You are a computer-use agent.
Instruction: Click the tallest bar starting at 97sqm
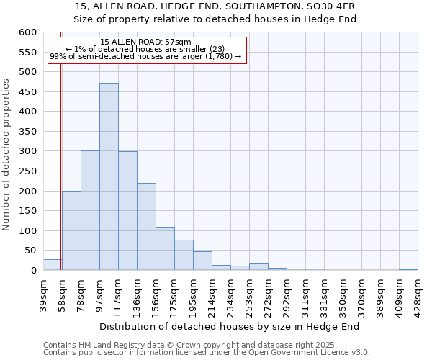tap(109, 176)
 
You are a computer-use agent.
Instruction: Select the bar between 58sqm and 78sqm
tap(71, 230)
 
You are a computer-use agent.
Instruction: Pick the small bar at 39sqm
tap(52, 265)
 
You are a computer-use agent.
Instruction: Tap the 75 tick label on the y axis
tap(29, 251)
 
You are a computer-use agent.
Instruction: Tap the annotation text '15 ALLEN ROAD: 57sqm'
tap(146, 42)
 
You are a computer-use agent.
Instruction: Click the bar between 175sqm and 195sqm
tap(184, 255)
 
